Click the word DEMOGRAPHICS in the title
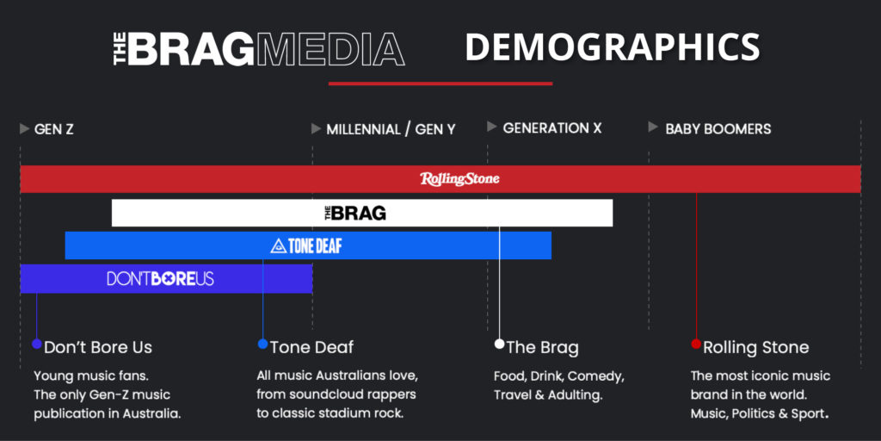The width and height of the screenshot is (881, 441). pos(613,48)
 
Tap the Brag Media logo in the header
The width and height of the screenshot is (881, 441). pos(259,49)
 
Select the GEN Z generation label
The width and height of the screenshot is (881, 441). pos(54,129)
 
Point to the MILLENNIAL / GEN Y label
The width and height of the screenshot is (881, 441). pos(391,129)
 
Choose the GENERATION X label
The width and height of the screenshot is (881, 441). pos(552,128)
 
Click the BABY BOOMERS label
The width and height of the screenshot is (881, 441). pos(718,129)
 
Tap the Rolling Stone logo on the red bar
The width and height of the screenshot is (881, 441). pos(459,179)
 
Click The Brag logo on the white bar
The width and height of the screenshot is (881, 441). pos(355,214)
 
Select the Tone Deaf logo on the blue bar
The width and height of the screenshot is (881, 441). pos(306,245)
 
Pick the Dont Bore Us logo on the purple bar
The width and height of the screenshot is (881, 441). pos(161,278)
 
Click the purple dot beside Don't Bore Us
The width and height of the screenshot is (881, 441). pos(37,344)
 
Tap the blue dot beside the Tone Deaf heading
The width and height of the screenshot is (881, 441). pos(263,344)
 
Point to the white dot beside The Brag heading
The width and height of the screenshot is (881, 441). pos(500,344)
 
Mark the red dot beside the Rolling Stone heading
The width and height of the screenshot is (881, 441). pos(696,344)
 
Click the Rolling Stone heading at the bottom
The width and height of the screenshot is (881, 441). pos(755,347)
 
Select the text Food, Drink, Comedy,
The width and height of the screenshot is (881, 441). pos(559,376)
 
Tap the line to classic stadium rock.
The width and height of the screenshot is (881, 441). pos(330,413)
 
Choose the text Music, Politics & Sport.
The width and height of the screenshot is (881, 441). pos(760,414)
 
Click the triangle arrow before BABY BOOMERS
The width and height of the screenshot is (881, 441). pos(653,127)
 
